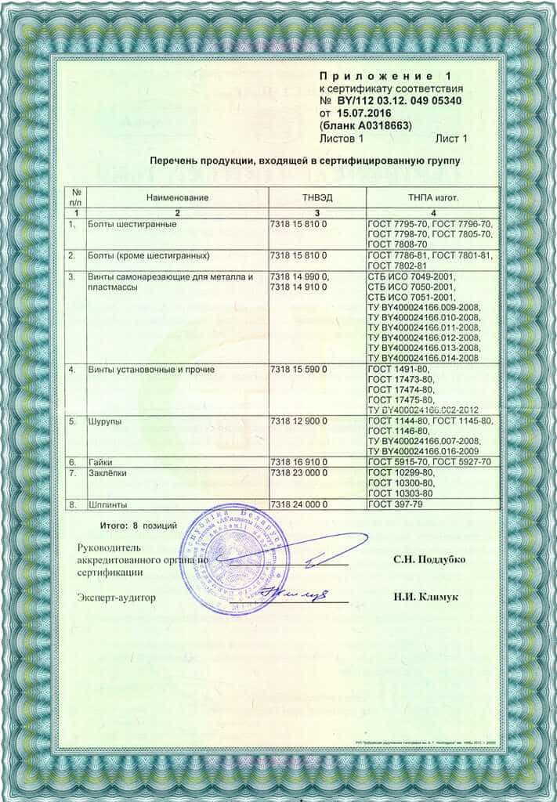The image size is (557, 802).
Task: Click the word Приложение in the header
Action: [x=374, y=76]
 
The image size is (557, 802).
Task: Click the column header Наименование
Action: [x=177, y=197]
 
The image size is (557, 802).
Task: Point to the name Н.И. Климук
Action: [x=426, y=598]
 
